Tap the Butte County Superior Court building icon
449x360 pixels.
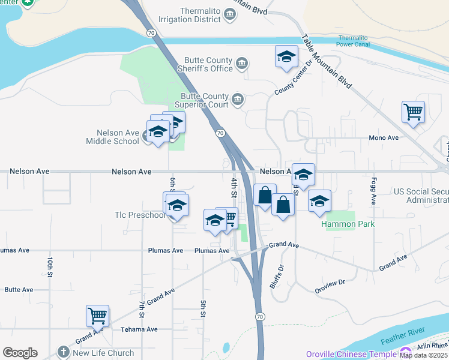point(238,99)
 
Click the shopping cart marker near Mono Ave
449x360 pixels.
point(413,111)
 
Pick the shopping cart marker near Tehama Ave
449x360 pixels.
point(97,314)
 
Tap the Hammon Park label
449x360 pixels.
point(348,224)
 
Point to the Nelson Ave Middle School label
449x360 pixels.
point(118,137)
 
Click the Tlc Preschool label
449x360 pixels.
point(139,215)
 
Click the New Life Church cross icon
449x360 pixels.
point(64,353)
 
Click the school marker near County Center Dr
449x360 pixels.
point(286,57)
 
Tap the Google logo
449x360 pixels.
point(20,353)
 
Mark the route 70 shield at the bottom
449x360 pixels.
point(259,316)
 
